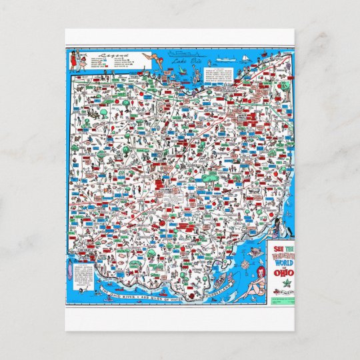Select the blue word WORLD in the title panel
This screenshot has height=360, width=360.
283,259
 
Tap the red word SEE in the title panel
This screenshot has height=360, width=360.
279,245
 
